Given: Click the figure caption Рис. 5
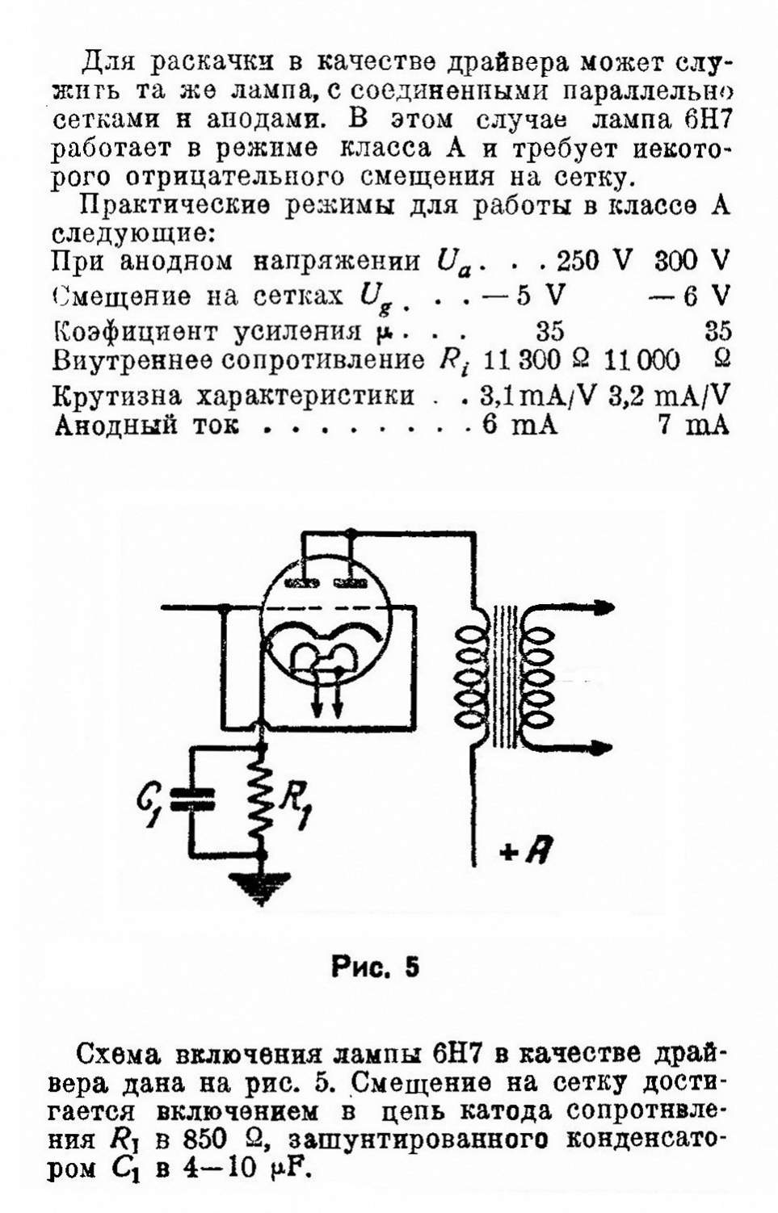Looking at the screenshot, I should pos(375,967).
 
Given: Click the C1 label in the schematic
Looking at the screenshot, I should pos(151,804).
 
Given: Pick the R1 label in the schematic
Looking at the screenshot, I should pos(292,804).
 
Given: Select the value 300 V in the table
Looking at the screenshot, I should pos(692,261).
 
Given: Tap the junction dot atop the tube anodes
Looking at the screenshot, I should pos(351,533).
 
